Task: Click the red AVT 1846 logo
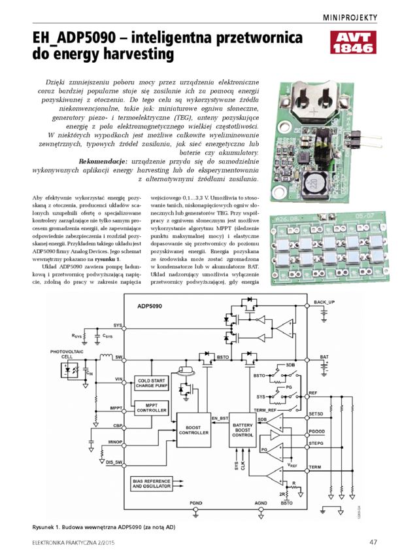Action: [x=354, y=42]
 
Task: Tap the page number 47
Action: [x=373, y=542]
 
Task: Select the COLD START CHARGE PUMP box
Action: [x=152, y=383]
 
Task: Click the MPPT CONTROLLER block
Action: [x=152, y=408]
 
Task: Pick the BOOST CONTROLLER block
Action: [x=194, y=430]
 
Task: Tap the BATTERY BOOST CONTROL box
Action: [x=243, y=430]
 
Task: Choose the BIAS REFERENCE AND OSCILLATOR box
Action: [x=152, y=483]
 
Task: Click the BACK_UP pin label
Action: [x=324, y=302]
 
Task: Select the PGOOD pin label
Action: [x=317, y=432]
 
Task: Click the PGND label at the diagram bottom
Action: [x=196, y=502]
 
